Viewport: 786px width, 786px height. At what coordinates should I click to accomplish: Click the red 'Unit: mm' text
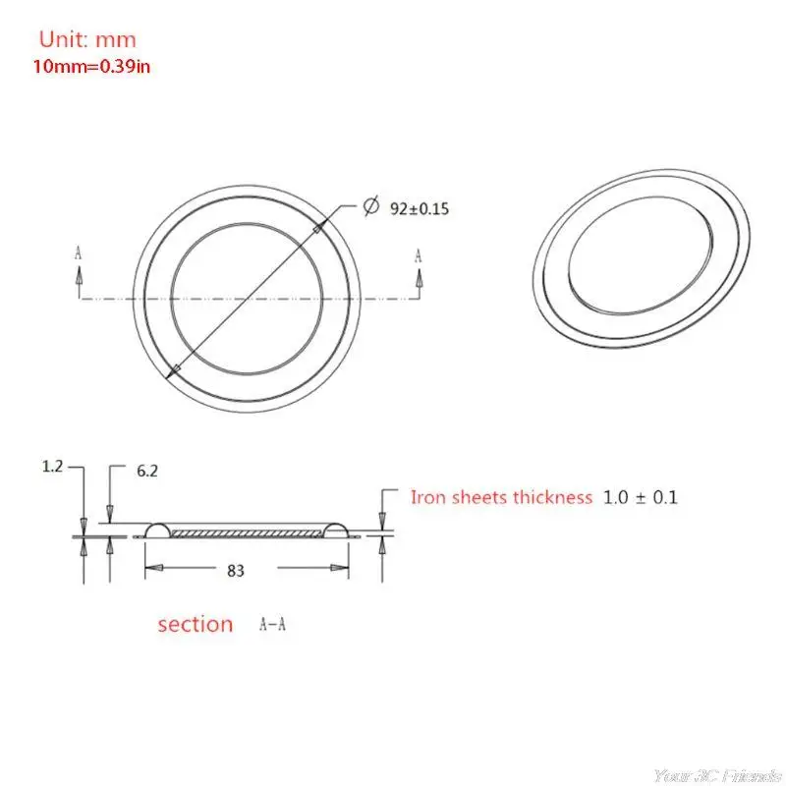point(87,40)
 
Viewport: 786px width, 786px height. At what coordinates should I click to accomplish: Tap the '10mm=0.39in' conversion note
point(94,66)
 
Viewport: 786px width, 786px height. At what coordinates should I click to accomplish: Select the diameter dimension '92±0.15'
point(420,208)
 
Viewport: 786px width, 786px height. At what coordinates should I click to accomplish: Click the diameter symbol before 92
point(371,206)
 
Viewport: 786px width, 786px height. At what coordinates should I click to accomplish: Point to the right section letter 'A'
point(419,254)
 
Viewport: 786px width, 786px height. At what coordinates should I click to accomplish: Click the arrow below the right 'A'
point(419,281)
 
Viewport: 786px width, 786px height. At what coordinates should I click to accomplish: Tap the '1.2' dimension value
point(53,468)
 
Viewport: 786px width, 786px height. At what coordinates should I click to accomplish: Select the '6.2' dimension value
point(147,472)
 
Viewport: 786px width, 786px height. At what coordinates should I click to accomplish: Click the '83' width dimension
point(235,569)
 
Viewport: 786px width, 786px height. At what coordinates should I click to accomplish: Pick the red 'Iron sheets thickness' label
point(501,497)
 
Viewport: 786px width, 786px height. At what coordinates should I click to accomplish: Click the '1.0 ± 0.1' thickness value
point(642,497)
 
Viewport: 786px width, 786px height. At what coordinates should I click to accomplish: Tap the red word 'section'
point(196,624)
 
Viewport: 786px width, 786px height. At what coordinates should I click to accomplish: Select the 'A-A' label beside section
point(273,624)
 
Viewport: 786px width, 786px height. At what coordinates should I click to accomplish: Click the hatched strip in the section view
point(247,533)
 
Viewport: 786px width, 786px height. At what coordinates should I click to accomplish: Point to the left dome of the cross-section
point(158,531)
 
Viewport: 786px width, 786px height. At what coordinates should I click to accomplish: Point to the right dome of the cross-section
point(336,531)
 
